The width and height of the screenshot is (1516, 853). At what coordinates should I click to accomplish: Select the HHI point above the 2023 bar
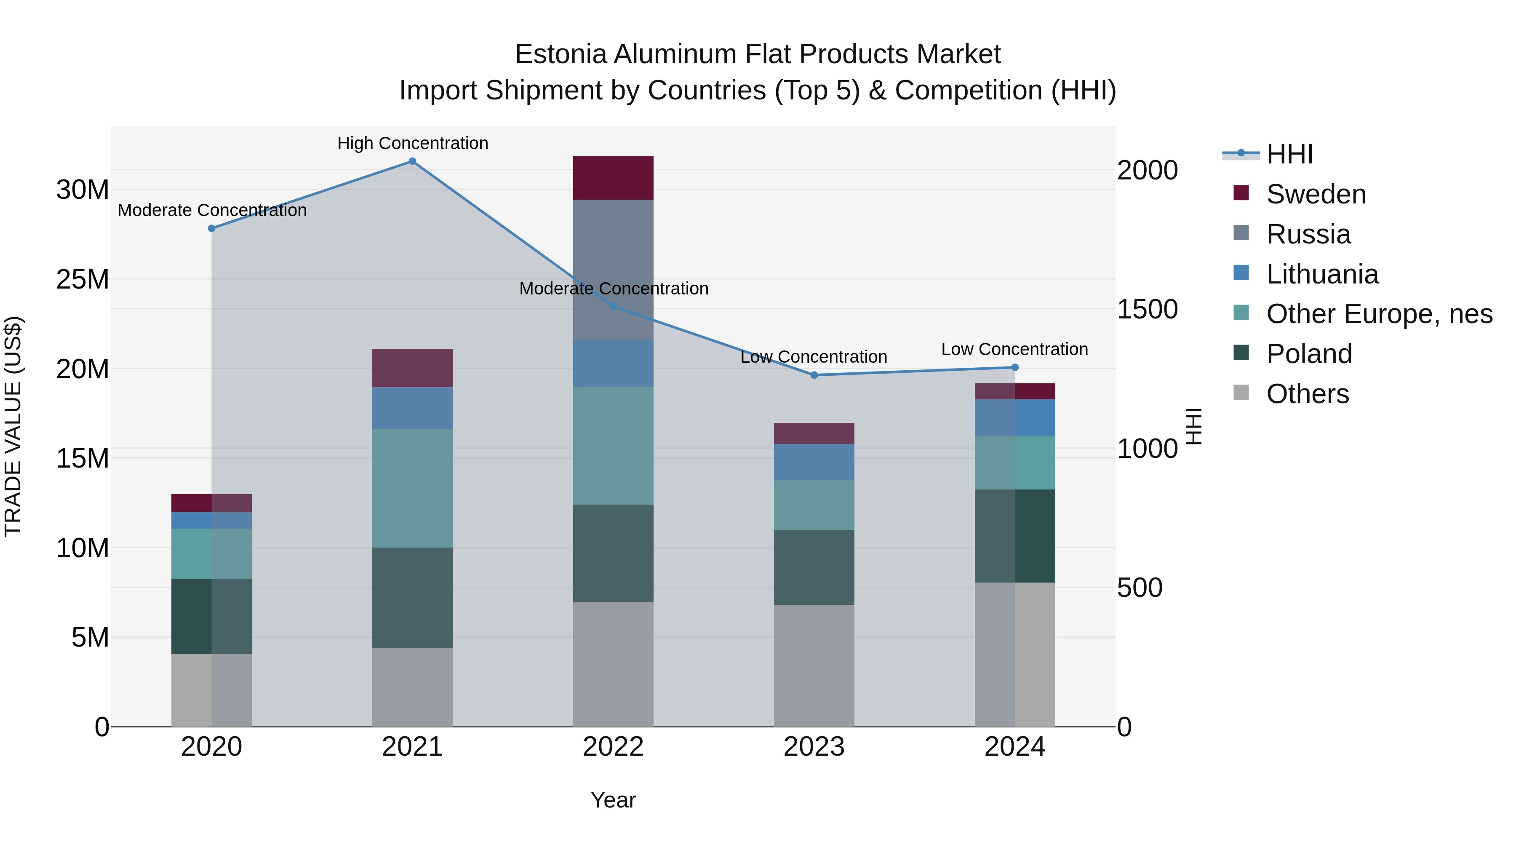pyautogui.click(x=814, y=375)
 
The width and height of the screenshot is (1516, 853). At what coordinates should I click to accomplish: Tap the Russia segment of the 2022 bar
pyautogui.click(x=613, y=270)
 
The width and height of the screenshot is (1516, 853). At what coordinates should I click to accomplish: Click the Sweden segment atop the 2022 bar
pyautogui.click(x=613, y=178)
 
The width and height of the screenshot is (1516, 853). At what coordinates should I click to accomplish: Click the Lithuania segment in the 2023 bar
pyautogui.click(x=814, y=462)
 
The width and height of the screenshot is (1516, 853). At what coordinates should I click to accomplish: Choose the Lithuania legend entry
pyautogui.click(x=1322, y=274)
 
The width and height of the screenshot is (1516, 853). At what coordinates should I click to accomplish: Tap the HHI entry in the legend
pyautogui.click(x=1289, y=154)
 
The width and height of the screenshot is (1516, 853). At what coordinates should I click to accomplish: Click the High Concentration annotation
pyautogui.click(x=413, y=143)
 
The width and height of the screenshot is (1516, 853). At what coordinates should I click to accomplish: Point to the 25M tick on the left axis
pyautogui.click(x=83, y=279)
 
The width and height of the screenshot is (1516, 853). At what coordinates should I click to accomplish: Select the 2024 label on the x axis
pyautogui.click(x=1014, y=747)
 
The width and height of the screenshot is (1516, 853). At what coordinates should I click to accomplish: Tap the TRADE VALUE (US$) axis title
pyautogui.click(x=13, y=426)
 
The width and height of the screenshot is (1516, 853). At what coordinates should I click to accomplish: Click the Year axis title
pyautogui.click(x=613, y=800)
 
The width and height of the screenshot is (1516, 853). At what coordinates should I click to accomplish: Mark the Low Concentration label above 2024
pyautogui.click(x=1014, y=349)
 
